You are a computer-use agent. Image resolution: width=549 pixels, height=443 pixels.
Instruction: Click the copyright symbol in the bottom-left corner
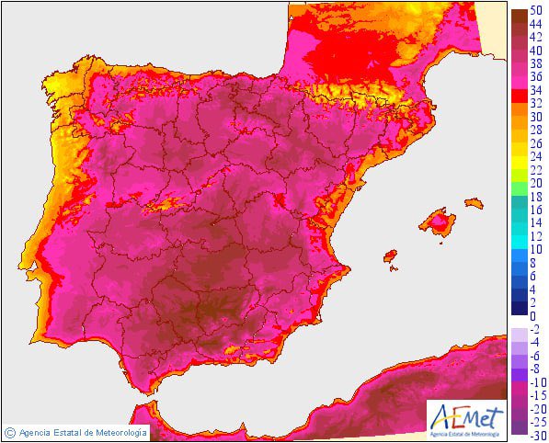pyautogui.click(x=10, y=431)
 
